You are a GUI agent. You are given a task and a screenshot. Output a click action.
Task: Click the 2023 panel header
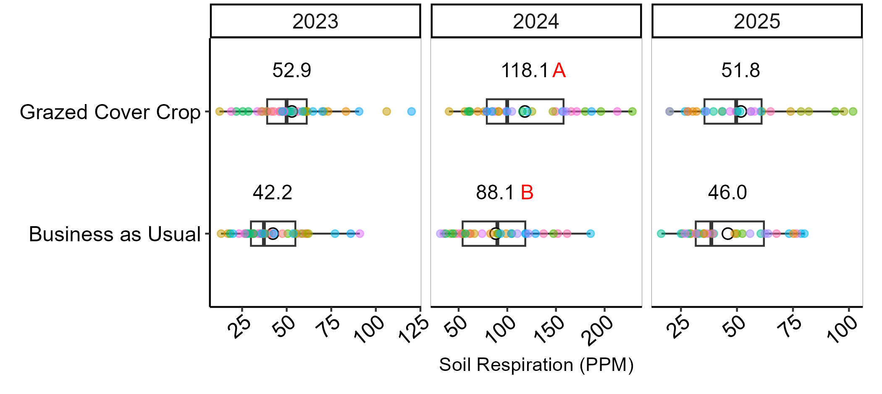coord(315,21)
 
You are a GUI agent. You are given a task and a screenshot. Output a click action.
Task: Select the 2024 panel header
coord(536,21)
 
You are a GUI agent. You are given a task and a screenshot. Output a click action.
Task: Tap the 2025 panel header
coord(757,21)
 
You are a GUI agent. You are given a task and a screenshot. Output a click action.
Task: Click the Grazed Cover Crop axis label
coord(110,112)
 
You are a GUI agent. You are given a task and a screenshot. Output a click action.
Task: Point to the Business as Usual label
coord(115,234)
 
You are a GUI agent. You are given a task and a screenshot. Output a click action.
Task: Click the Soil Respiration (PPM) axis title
coord(536,365)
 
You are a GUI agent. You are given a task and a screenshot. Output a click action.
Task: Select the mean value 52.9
coord(291,70)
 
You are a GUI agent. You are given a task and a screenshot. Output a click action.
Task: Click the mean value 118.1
coord(525,70)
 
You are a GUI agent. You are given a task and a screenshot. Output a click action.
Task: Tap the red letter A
coord(559,70)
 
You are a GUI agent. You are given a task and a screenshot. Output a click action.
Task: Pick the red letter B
coord(527,193)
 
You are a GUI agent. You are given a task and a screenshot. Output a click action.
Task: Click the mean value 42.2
coord(272,193)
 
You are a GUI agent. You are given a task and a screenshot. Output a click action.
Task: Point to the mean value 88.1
coord(495,193)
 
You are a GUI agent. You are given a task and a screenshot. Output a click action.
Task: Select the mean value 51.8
coord(740,70)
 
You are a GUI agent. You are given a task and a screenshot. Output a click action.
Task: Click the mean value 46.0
coord(727,193)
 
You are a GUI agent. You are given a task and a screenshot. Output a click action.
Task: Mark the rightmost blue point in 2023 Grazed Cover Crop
coord(411,112)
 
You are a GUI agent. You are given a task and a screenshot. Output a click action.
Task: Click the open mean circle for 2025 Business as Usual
coord(728,233)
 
